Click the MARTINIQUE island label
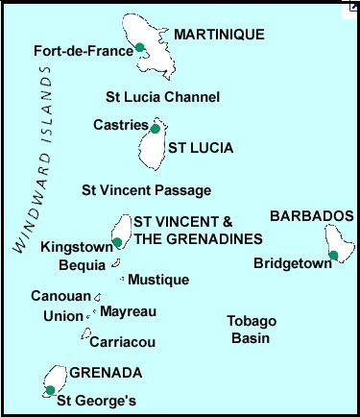pos(219,35)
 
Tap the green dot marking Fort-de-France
pos(139,47)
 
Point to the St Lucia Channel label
pos(162,97)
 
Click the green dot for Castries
pos(156,128)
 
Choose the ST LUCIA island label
pos(201,148)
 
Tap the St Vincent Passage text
pos(146,190)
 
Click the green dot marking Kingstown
pos(117,243)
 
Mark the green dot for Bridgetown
pos(333,255)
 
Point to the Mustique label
pos(157,281)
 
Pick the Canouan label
pos(60,297)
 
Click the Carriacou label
pos(122,341)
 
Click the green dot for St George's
pos(50,390)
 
